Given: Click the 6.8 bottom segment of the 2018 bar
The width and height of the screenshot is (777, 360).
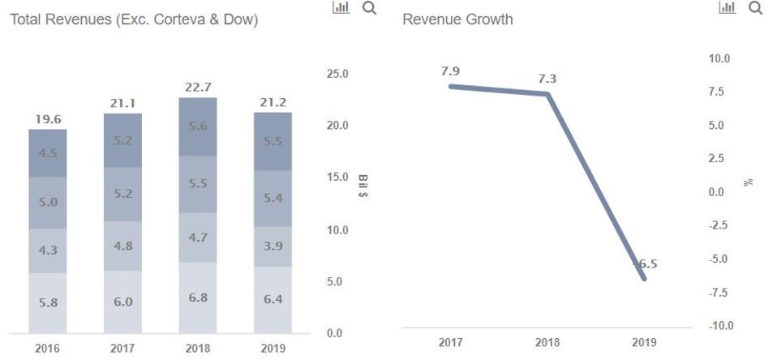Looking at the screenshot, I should (x=198, y=298).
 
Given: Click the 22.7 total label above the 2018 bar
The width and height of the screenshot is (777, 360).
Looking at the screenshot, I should (x=198, y=87).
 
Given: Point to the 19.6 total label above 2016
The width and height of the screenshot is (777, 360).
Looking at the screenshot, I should (x=48, y=118).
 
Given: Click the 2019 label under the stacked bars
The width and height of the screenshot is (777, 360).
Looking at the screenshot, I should (x=273, y=349).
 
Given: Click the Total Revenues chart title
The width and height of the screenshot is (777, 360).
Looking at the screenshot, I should (x=134, y=19).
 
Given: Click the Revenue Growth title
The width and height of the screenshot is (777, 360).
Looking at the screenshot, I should (x=457, y=19).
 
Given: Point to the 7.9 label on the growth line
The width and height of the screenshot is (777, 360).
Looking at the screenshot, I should (x=451, y=71).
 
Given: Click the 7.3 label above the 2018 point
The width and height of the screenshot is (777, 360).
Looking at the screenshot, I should (x=547, y=79).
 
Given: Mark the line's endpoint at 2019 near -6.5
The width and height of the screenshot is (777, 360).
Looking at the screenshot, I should (x=645, y=279).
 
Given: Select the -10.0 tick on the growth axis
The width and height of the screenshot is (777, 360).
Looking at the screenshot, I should (x=719, y=325).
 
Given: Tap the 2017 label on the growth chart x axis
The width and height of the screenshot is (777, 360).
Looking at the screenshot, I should (x=451, y=343).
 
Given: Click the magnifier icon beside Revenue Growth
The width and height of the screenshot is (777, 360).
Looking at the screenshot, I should (x=756, y=8).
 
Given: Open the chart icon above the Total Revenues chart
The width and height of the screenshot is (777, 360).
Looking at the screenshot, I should (x=341, y=8).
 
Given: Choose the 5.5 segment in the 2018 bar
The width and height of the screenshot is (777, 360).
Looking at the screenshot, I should (x=198, y=184).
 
